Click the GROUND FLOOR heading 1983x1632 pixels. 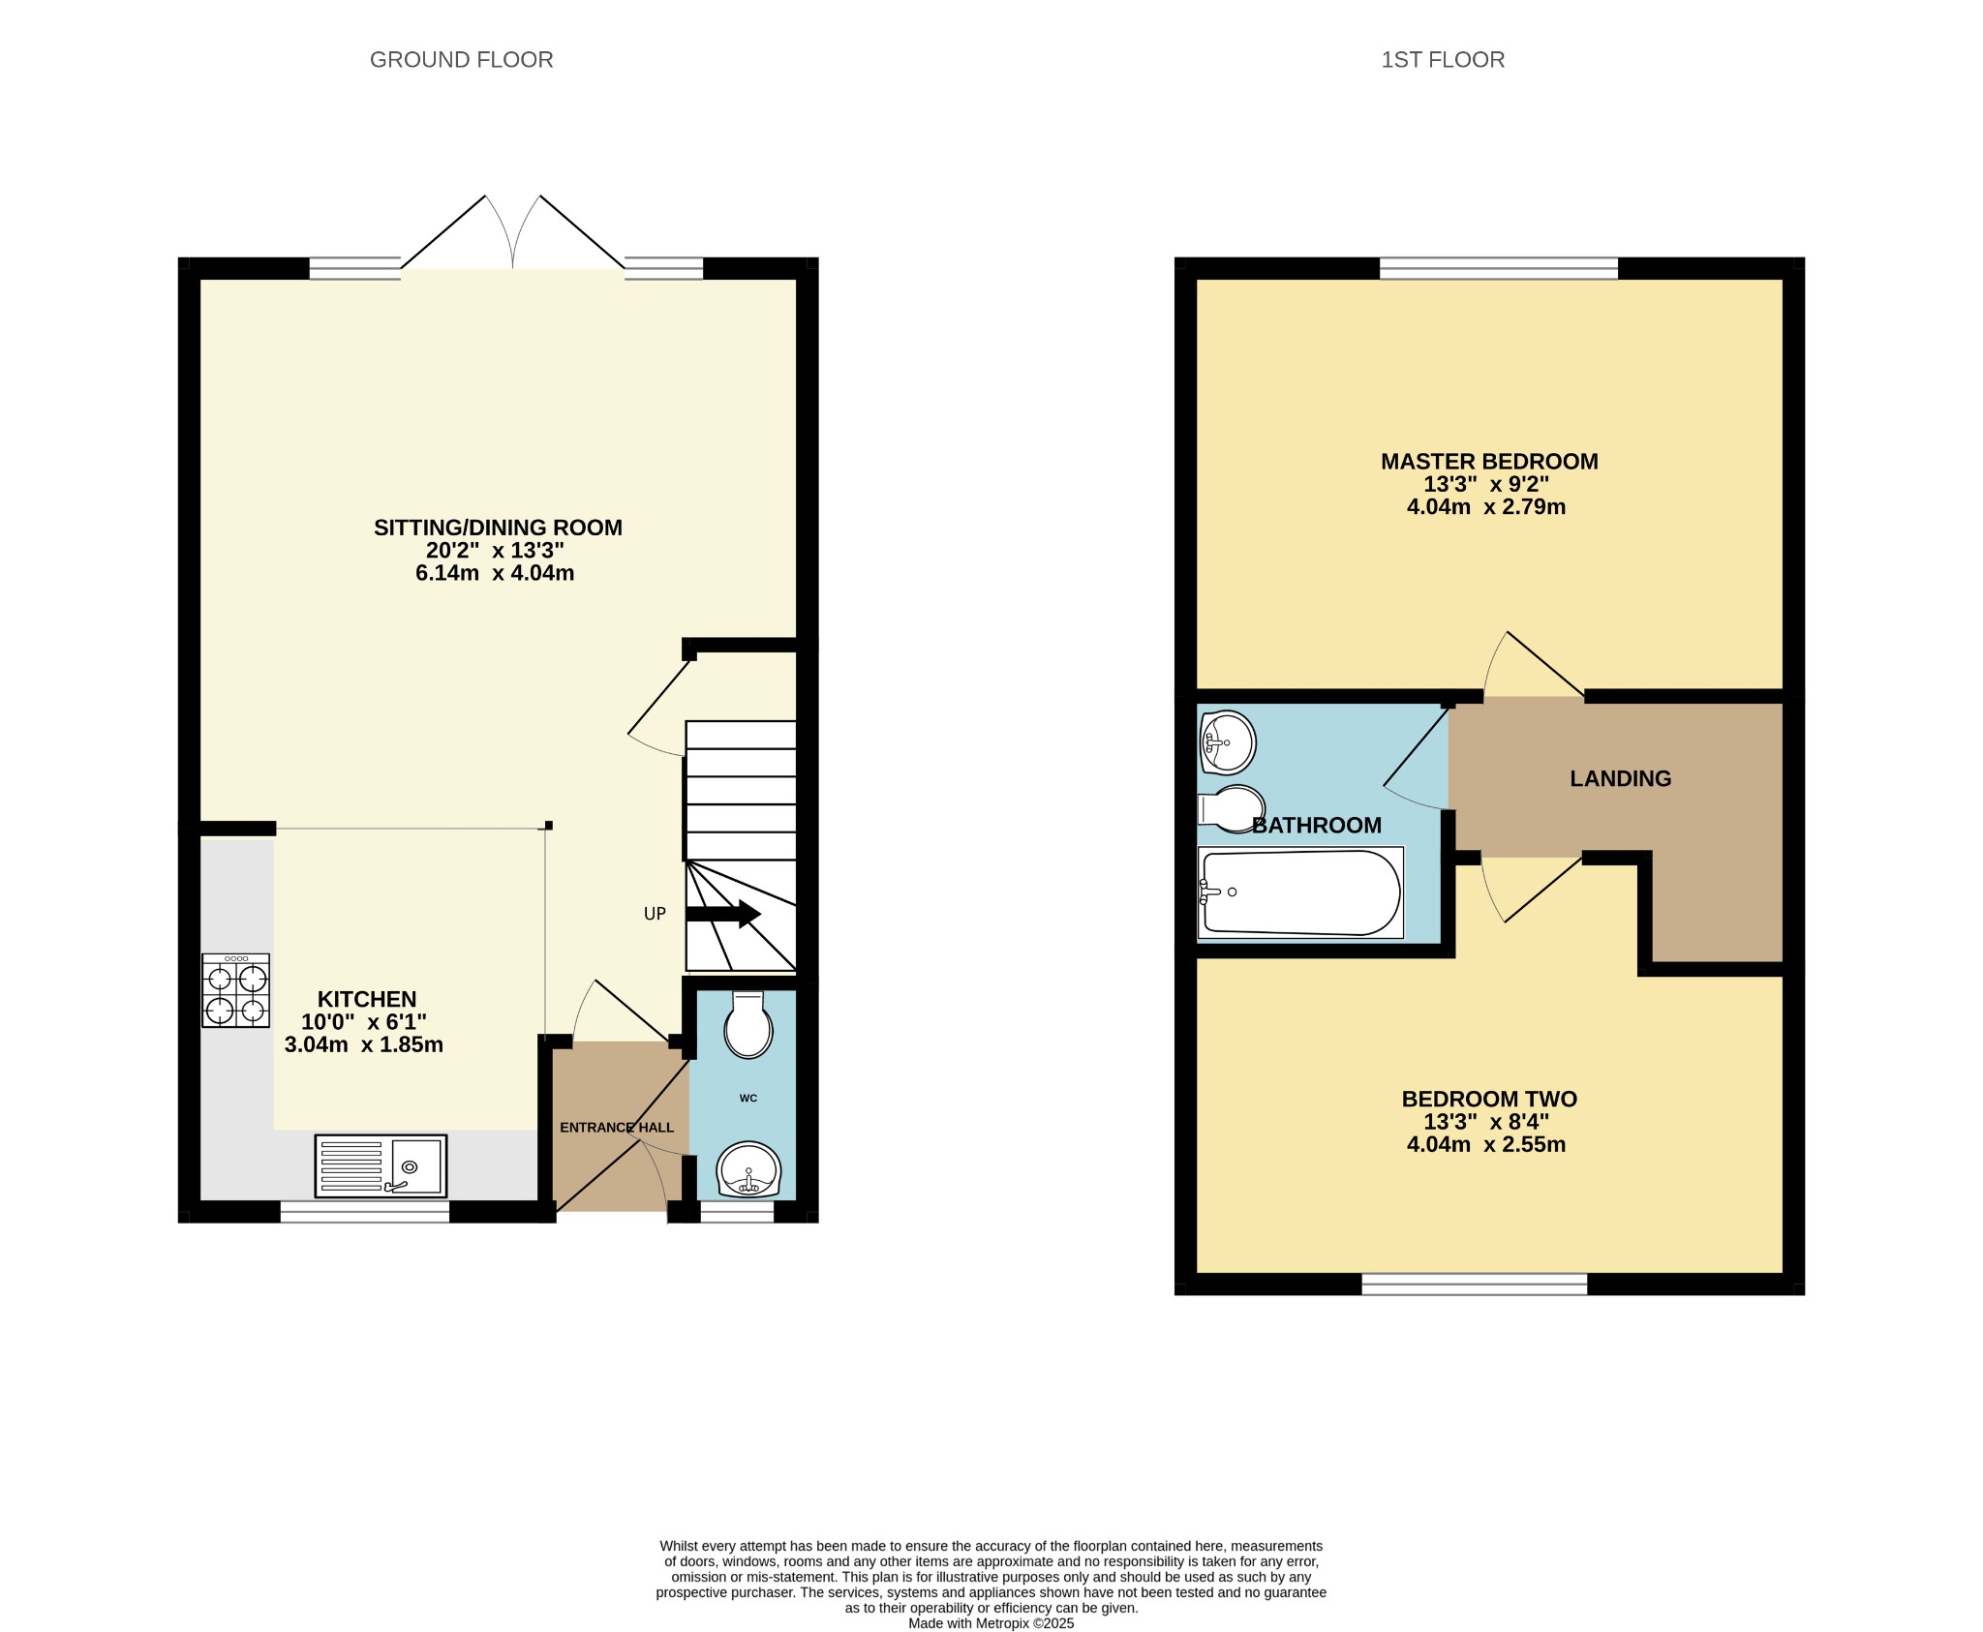point(461,60)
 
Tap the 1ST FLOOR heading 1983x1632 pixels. point(1443,60)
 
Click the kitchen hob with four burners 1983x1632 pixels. point(236,990)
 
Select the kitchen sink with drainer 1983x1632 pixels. point(381,1165)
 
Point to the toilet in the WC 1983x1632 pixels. point(748,1024)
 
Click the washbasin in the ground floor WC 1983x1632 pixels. point(747,1170)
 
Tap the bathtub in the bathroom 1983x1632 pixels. point(1300,892)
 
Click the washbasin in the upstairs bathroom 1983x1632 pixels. point(1227,742)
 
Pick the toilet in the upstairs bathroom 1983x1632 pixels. point(1232,808)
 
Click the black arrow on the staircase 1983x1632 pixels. point(723,914)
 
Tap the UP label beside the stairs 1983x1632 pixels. point(655,914)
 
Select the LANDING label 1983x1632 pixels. point(1620,778)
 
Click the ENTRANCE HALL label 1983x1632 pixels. point(617,1128)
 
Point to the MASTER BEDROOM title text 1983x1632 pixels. point(1489,462)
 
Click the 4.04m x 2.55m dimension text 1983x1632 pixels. point(1486,1144)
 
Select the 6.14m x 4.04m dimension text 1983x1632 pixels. point(495,573)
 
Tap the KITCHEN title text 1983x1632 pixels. point(367,999)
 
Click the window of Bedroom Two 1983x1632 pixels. point(1475,1284)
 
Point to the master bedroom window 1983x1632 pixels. point(1499,268)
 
